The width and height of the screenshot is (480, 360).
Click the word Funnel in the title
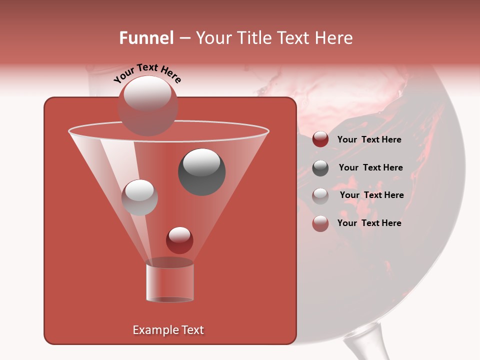click(146, 38)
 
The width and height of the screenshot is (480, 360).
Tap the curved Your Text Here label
click(147, 72)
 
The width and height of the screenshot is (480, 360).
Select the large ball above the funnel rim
click(147, 105)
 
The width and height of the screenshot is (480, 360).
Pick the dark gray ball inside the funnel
click(201, 171)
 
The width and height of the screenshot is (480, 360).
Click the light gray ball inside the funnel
click(139, 197)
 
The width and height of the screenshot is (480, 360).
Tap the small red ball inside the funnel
click(179, 240)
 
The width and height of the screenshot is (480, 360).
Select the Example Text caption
click(168, 330)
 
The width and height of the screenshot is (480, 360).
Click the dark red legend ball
click(320, 139)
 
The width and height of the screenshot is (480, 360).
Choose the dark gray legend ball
click(320, 167)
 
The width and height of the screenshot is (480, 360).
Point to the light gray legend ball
click(320, 195)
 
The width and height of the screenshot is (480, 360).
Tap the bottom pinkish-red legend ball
click(320, 223)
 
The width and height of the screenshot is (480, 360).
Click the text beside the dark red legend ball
click(369, 139)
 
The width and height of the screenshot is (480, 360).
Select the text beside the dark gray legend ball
click(370, 167)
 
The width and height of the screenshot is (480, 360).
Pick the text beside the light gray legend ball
click(371, 195)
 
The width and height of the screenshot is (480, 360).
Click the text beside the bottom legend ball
click(369, 223)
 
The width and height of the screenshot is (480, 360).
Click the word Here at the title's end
click(335, 38)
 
